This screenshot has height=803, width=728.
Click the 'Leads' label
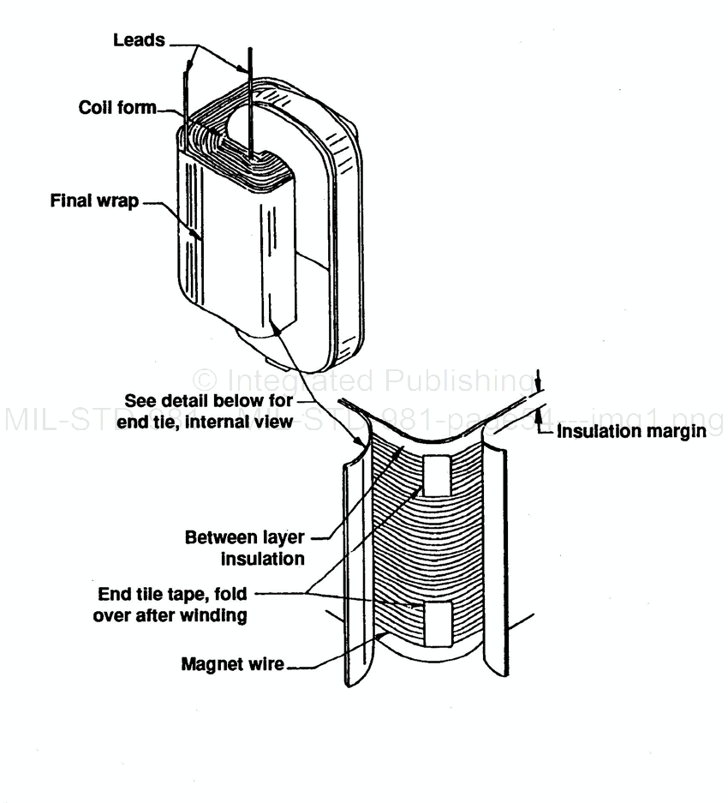pos(139,40)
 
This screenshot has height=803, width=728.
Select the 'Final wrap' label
pos(94,203)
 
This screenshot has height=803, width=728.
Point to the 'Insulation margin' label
pos(631,431)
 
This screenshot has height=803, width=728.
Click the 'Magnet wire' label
pos(232,663)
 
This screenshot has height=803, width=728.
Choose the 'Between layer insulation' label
pos(245,548)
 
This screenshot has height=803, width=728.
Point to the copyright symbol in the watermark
pos(205,380)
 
